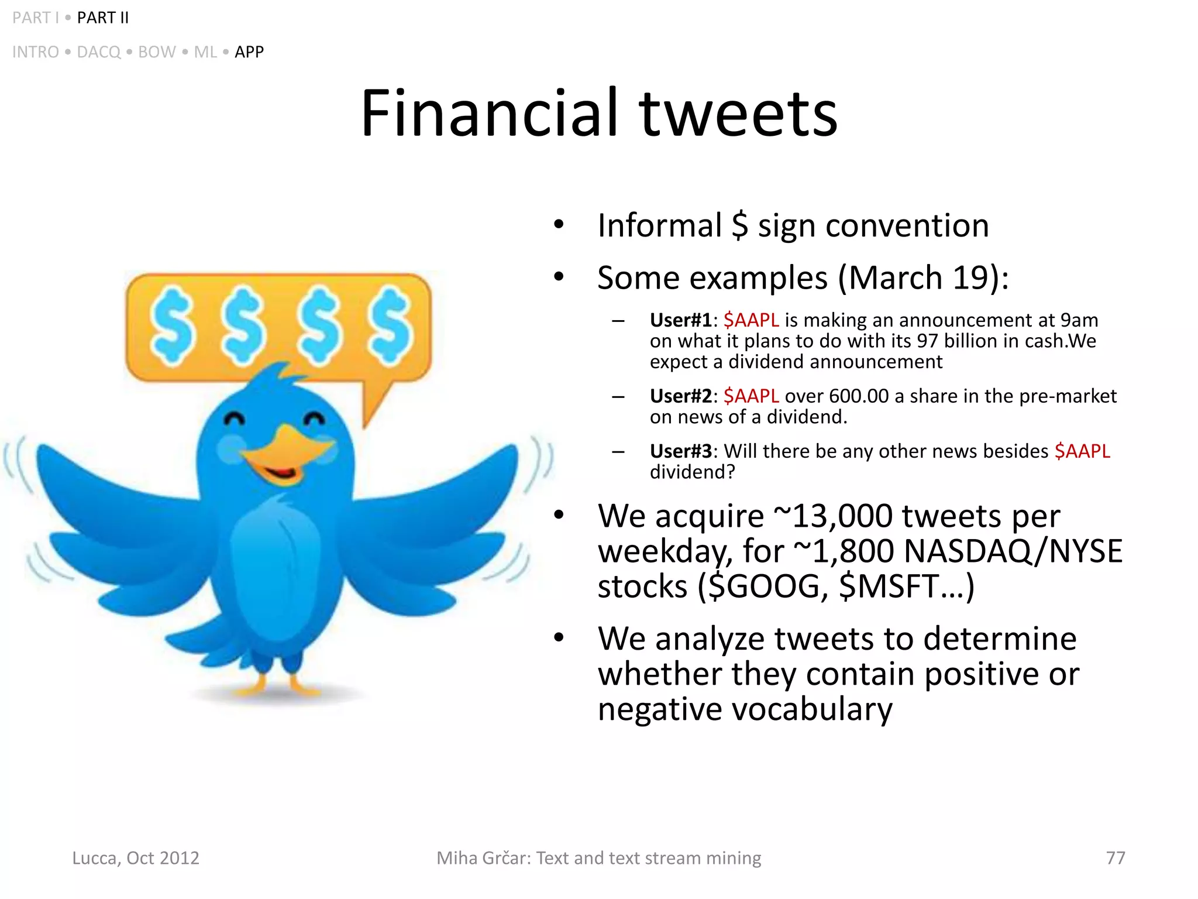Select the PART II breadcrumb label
(x=102, y=18)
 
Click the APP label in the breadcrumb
(x=249, y=52)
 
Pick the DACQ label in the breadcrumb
(x=98, y=52)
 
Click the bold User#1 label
(x=680, y=320)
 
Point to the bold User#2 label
(x=680, y=396)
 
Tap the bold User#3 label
(x=680, y=451)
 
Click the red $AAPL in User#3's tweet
(x=1082, y=451)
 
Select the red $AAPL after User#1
(x=751, y=320)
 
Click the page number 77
(x=1115, y=858)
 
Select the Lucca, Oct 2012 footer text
(x=136, y=858)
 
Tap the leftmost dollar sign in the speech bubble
(x=171, y=327)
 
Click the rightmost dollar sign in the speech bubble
(x=389, y=327)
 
